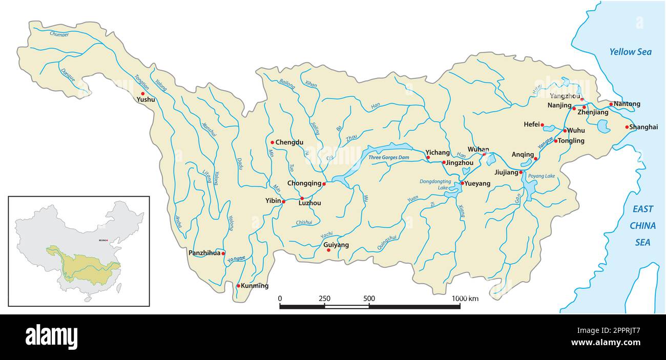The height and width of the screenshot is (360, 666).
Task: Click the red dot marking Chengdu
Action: click(x=273, y=142)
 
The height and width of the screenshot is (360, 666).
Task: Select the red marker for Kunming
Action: click(x=238, y=286)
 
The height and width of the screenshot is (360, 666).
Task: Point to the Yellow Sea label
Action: click(x=630, y=52)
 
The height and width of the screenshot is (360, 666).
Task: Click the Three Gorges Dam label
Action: click(x=389, y=157)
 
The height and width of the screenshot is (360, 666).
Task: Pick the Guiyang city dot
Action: click(x=329, y=250)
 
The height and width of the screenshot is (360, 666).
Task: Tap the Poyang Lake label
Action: click(x=542, y=176)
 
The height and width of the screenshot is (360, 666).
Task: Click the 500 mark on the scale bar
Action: click(x=369, y=298)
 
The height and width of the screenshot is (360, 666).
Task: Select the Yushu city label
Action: click(x=145, y=100)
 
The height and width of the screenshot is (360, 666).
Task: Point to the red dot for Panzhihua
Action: click(x=223, y=253)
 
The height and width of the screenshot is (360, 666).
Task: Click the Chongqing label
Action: click(x=304, y=183)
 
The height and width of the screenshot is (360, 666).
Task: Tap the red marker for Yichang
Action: click(x=428, y=158)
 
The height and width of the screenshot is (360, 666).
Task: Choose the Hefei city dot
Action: click(x=542, y=124)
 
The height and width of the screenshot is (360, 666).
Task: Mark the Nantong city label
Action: click(x=627, y=104)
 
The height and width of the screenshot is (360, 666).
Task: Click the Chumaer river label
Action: click(x=59, y=34)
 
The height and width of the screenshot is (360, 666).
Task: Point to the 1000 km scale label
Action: click(x=465, y=298)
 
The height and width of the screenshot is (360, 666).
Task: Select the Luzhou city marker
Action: click(x=302, y=198)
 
